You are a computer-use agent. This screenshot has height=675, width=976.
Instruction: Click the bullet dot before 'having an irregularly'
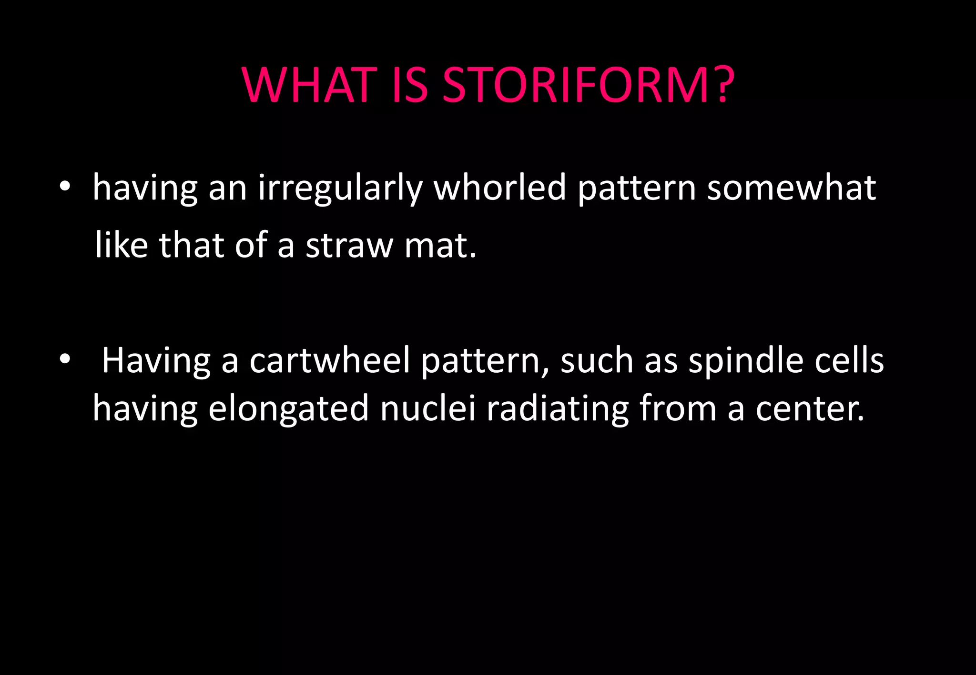point(65,187)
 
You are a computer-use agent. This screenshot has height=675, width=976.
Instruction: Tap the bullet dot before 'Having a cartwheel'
point(65,360)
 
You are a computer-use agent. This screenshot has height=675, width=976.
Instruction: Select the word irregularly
point(340,188)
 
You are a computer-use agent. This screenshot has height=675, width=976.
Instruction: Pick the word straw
point(349,245)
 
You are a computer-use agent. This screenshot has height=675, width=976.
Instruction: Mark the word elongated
point(288,408)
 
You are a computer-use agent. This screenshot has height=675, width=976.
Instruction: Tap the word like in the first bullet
point(122,245)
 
